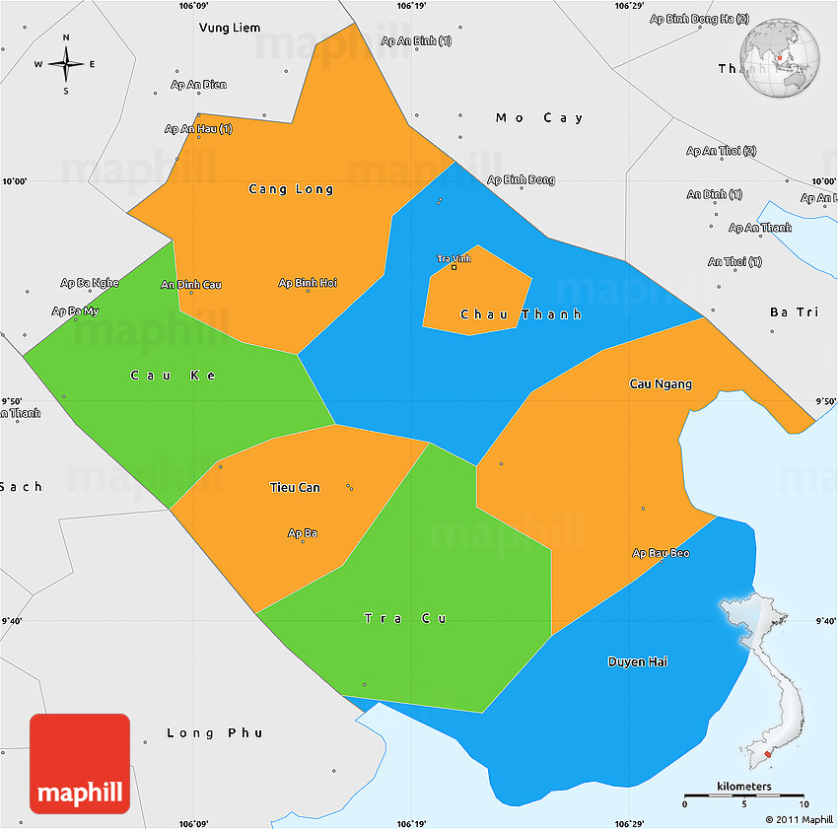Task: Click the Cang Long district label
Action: tap(291, 189)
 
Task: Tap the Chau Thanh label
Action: tap(521, 314)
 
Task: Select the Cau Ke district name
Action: tap(173, 376)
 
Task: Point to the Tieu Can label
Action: tap(295, 487)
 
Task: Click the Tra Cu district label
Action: tap(405, 618)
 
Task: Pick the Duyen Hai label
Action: tap(637, 661)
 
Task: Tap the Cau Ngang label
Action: tap(661, 383)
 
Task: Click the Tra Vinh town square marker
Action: tap(454, 267)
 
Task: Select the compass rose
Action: tap(66, 64)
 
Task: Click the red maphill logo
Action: tap(80, 764)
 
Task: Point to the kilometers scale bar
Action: tap(744, 794)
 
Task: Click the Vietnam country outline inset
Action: tap(769, 680)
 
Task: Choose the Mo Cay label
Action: tap(539, 118)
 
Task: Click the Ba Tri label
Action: tap(794, 312)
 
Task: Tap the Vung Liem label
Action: tap(230, 28)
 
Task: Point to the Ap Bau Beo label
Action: tap(661, 553)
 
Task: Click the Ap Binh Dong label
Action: tap(522, 179)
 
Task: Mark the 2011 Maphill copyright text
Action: tap(799, 819)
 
